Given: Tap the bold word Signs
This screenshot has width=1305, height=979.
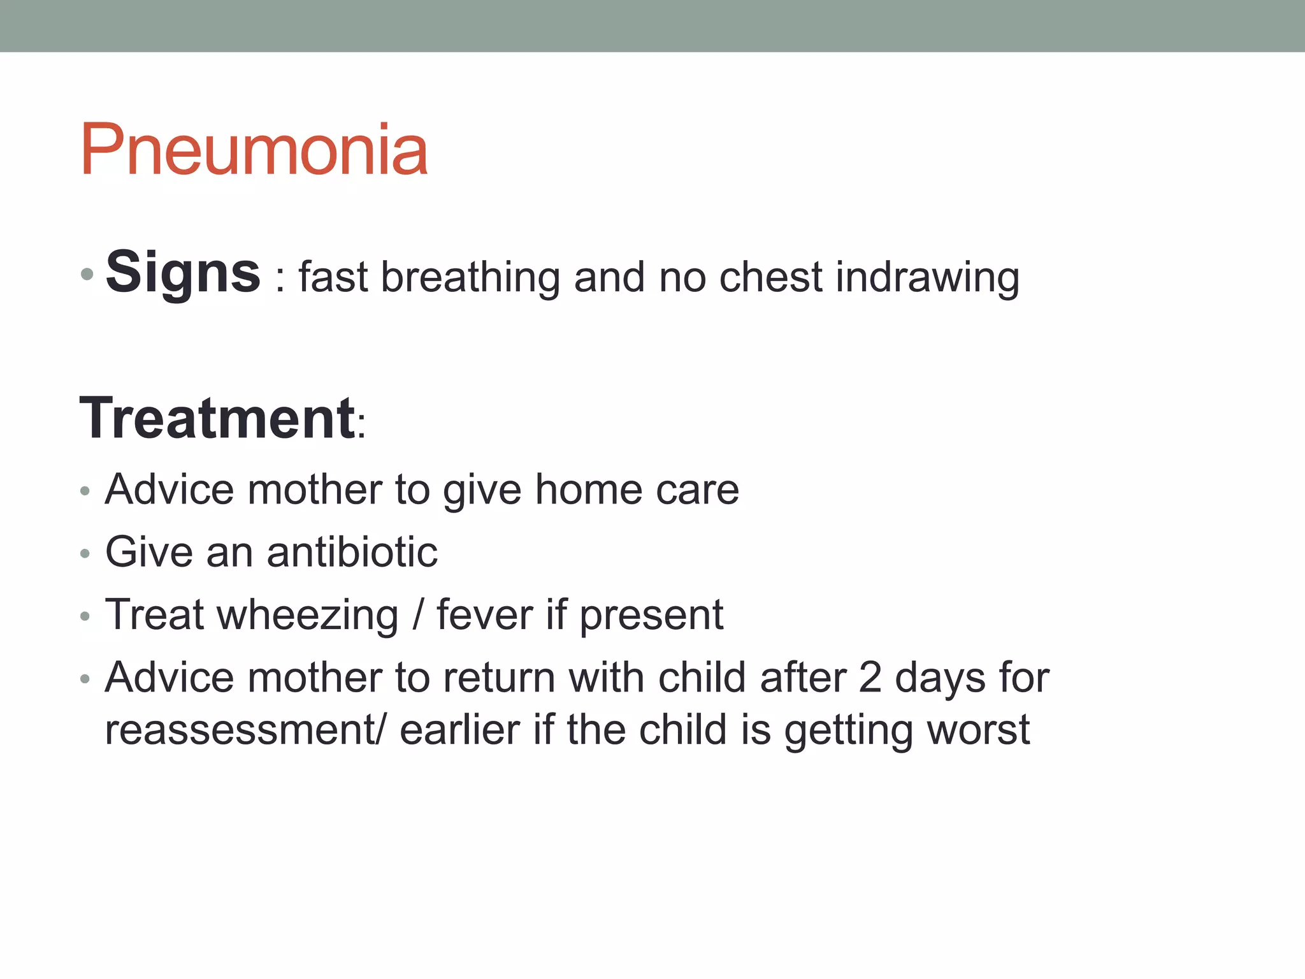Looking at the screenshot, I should click(x=183, y=272).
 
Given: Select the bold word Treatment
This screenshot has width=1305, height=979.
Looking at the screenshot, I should click(x=217, y=418).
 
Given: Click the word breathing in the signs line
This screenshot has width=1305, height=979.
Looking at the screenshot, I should click(x=470, y=278).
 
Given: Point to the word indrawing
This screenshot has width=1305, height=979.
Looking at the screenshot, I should click(x=927, y=278).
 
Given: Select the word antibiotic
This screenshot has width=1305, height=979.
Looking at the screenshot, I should click(x=352, y=551).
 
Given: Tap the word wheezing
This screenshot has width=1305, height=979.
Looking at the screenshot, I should click(x=308, y=615).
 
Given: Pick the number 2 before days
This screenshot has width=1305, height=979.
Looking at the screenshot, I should click(x=870, y=677).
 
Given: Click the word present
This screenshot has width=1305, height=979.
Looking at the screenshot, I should click(x=651, y=616).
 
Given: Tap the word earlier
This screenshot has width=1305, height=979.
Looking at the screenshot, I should click(x=459, y=730).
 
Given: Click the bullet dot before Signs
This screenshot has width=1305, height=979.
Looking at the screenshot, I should click(x=87, y=275).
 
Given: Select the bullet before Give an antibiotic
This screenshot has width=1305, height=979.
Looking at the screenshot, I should click(x=85, y=554).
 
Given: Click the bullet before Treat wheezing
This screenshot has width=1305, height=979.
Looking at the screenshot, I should click(x=85, y=617).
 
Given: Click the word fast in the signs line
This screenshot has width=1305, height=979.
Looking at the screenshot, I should click(x=333, y=278).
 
